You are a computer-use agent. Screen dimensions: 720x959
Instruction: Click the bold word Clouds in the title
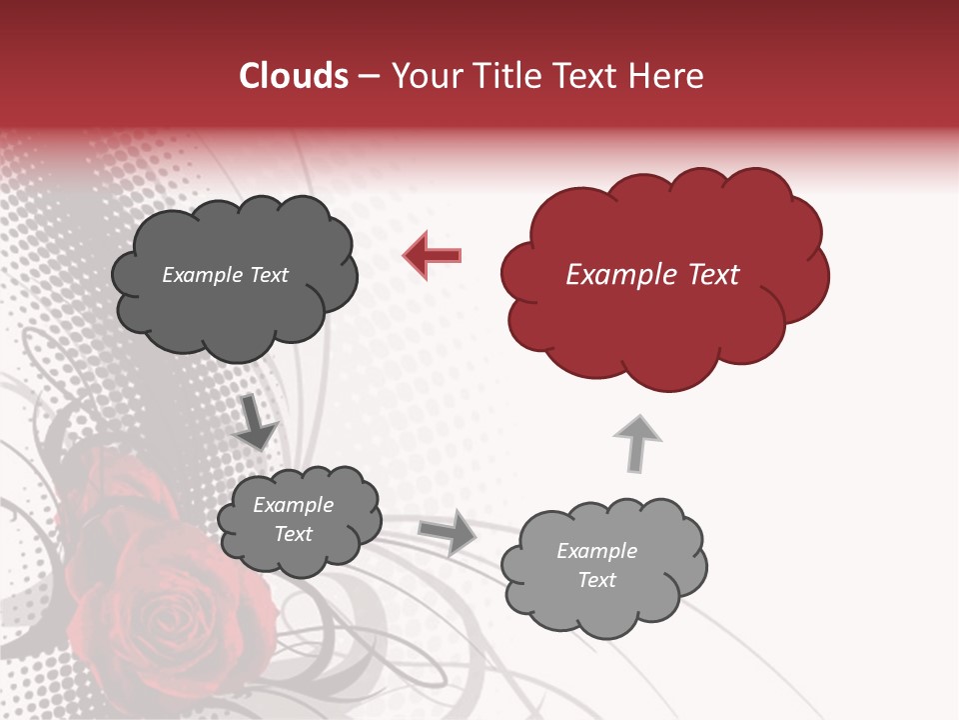[x=294, y=76]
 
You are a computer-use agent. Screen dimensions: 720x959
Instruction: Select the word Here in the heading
[x=668, y=76]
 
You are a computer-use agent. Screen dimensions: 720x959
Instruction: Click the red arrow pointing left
[x=433, y=255]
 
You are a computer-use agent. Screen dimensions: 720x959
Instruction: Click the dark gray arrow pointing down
[x=257, y=423]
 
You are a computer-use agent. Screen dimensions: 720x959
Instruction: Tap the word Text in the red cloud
[x=713, y=275]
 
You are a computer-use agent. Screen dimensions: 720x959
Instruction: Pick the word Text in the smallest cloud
[x=293, y=534]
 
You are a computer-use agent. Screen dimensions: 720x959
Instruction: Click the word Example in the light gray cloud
[x=596, y=551]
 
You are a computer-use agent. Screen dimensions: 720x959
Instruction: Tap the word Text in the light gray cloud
[x=596, y=580]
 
